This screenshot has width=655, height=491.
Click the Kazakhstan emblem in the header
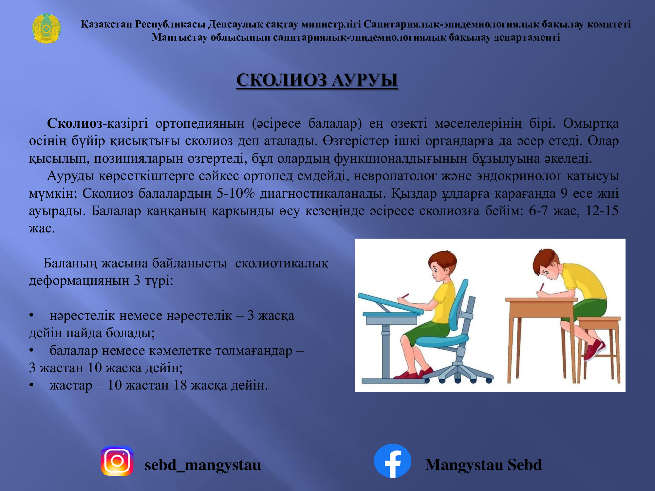tap(46, 29)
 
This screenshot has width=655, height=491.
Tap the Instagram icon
tap(117, 461)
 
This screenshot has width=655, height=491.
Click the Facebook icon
tap(392, 461)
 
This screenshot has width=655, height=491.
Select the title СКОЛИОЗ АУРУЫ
tap(317, 80)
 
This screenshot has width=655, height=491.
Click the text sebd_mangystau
tap(203, 465)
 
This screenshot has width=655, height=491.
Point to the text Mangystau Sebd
tap(483, 465)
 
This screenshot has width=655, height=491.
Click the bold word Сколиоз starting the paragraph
tap(75, 124)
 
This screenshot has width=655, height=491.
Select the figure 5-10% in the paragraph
tap(235, 193)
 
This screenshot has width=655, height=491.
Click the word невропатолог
tap(395, 176)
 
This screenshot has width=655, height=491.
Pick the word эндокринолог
tap(519, 176)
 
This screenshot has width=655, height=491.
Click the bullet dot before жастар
tap(31, 385)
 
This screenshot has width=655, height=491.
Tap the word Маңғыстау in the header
tap(179, 37)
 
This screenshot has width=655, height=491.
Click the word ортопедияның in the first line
tap(200, 124)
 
